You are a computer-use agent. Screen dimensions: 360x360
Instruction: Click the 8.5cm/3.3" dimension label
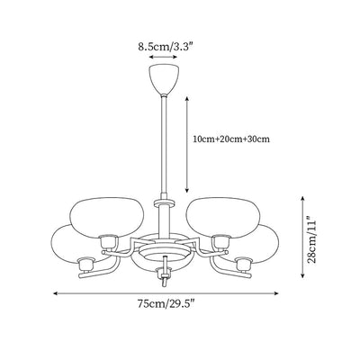click(x=165, y=47)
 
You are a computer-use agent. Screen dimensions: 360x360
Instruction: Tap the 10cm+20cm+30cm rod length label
click(x=231, y=139)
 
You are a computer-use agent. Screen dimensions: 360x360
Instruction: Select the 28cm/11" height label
click(x=312, y=238)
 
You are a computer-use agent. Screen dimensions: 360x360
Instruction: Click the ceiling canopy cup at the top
click(x=164, y=79)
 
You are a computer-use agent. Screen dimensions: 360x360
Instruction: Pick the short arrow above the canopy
click(x=164, y=57)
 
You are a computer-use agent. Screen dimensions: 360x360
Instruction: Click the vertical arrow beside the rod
click(x=186, y=145)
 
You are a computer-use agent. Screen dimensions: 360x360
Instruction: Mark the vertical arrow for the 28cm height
click(x=302, y=237)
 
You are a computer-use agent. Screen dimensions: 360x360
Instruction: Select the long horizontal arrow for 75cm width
click(x=166, y=293)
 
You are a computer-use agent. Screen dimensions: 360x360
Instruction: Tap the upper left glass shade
click(x=106, y=215)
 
